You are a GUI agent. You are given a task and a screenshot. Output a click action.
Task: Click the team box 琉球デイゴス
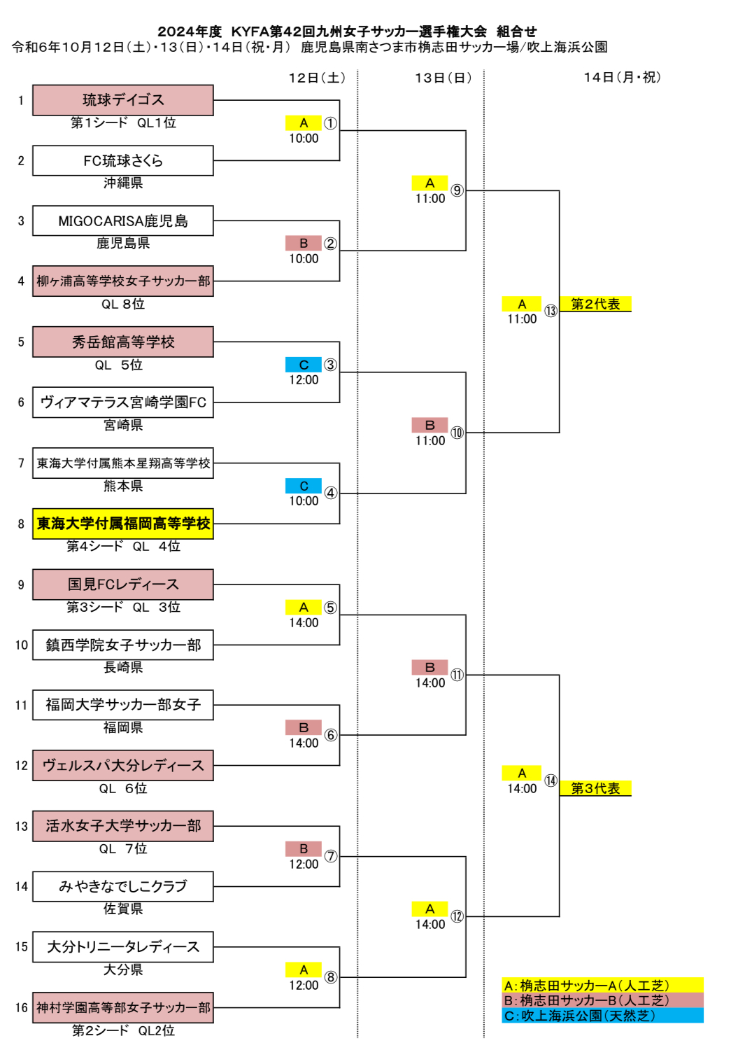123,100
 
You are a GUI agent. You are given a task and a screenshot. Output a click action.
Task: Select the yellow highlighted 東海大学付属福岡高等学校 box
123,524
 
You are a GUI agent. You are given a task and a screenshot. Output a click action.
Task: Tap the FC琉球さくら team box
123,160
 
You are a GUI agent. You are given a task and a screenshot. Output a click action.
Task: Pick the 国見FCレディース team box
123,584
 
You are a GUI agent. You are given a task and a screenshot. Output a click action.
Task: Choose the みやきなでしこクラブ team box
123,886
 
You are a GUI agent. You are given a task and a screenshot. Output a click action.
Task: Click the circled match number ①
331,123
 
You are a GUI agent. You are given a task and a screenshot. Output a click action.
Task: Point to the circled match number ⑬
551,311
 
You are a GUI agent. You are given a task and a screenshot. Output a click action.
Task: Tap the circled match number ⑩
457,433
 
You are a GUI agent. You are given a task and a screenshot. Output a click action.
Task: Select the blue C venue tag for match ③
304,365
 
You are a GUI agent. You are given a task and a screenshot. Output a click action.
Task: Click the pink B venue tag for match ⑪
430,667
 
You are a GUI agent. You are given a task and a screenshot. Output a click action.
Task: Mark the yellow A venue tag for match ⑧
304,969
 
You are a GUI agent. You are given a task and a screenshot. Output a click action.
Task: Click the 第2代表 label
595,304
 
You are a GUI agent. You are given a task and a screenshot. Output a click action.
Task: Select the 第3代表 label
595,788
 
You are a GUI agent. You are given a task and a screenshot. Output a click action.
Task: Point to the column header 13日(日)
443,78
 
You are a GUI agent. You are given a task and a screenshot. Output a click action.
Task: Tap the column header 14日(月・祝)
622,78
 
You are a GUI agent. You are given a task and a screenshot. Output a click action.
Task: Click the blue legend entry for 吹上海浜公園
602,1016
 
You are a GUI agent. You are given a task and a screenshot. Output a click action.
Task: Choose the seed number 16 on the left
22,1007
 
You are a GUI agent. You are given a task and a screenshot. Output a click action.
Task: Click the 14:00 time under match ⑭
522,789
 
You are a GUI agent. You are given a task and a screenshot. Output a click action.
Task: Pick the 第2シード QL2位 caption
123,1030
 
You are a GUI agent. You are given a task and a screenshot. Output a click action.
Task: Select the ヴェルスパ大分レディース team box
123,766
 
